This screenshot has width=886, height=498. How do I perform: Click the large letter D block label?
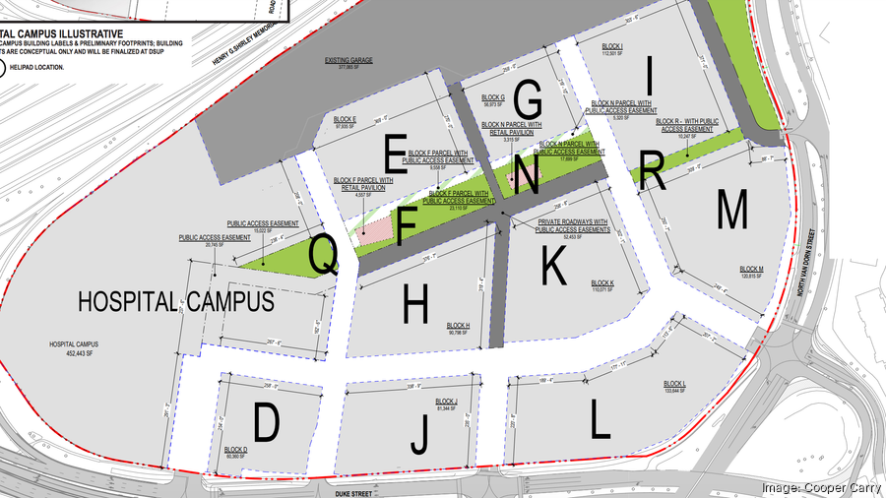(x=266, y=423)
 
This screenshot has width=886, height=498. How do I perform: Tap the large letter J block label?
(x=420, y=435)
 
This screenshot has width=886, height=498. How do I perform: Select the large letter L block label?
(x=599, y=420)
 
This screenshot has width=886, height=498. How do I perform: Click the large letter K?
(x=554, y=264)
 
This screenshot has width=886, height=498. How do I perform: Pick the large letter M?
(x=732, y=208)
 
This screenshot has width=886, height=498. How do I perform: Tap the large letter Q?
(x=324, y=254)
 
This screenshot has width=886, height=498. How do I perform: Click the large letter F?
(x=408, y=226)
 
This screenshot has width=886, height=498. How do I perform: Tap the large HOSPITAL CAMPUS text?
(x=176, y=301)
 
